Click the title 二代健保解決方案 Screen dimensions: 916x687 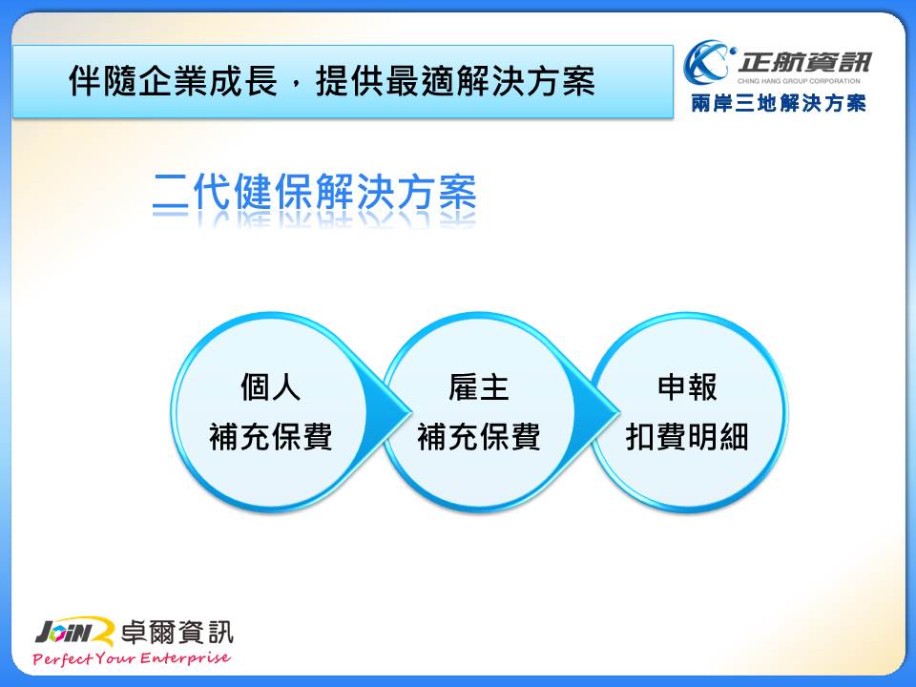pyautogui.click(x=314, y=192)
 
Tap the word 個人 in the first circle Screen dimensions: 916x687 pyautogui.click(x=270, y=387)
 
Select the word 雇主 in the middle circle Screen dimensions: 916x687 pyautogui.click(x=479, y=387)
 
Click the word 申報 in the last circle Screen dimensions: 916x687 pyautogui.click(x=687, y=387)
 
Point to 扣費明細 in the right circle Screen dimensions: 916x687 pyautogui.click(x=687, y=436)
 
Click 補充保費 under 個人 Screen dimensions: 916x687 pyautogui.click(x=270, y=436)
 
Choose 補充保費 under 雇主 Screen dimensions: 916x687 pyautogui.click(x=479, y=436)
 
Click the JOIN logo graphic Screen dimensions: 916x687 pyautogui.click(x=74, y=632)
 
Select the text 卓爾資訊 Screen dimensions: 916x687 pyautogui.click(x=177, y=632)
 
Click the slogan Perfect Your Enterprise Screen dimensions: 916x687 pyautogui.click(x=132, y=658)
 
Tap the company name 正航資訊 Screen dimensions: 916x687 pyautogui.click(x=803, y=62)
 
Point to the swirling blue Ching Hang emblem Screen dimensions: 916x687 pyautogui.click(x=709, y=62)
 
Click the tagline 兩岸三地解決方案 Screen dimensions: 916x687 pyautogui.click(x=779, y=103)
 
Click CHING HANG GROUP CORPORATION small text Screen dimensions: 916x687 pyautogui.click(x=799, y=81)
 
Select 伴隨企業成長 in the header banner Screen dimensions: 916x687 pyautogui.click(x=173, y=80)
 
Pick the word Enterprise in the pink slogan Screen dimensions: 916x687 pyautogui.click(x=185, y=658)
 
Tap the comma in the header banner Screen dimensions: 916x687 pyautogui.click(x=296, y=87)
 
